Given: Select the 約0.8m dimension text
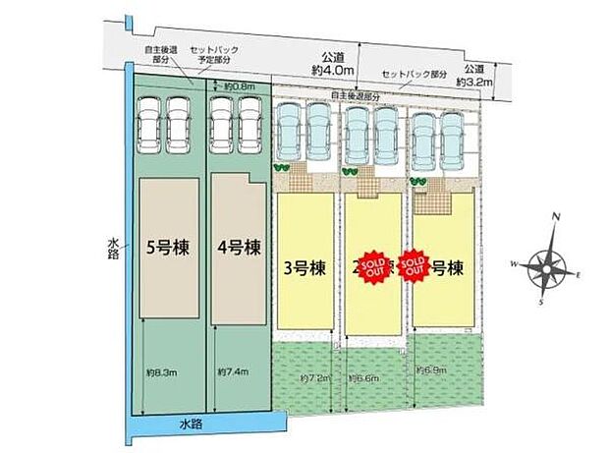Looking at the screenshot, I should (x=239, y=86).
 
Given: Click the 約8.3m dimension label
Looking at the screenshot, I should (x=161, y=371).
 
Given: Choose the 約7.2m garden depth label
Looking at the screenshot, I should (x=296, y=377).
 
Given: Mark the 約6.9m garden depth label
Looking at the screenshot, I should (x=433, y=369).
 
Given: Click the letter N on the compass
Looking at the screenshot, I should (x=556, y=218).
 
